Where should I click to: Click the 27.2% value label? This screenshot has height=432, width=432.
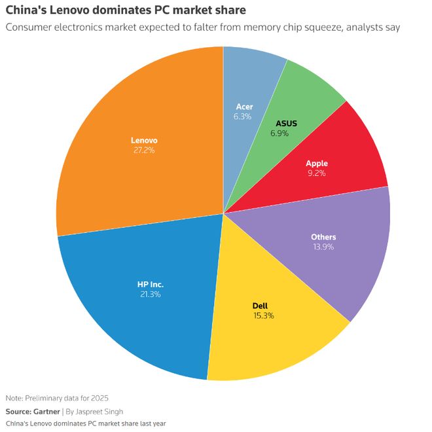[x=144, y=151]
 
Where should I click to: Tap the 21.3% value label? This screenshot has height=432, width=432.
[x=150, y=295]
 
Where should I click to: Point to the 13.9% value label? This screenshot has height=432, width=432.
[x=324, y=247]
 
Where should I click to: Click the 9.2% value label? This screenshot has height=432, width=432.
[x=316, y=173]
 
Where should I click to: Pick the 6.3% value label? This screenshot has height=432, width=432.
[x=243, y=117]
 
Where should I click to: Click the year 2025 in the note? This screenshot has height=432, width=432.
[x=99, y=398]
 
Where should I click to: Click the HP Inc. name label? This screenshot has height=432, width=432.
[x=150, y=284]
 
